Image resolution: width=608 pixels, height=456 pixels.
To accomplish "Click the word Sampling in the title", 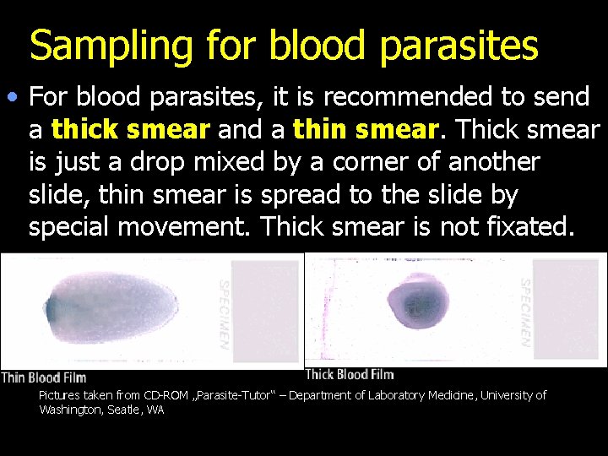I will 100,46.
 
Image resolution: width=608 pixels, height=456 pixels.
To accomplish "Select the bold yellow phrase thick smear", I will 130,130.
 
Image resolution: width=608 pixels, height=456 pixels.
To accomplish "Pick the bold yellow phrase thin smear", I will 365,130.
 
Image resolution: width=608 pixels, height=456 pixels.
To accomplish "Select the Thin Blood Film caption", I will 44,377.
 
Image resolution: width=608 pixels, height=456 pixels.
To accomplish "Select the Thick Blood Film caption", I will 349,374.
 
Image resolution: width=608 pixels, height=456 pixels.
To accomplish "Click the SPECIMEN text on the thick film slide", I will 525,312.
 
